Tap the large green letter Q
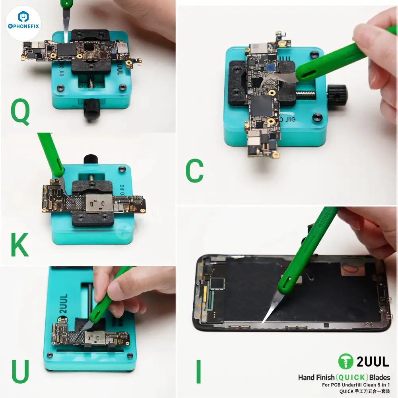20,113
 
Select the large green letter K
19,245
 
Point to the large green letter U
20,371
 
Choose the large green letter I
198,371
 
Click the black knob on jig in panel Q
92,109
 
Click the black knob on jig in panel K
90,159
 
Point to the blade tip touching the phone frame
264,320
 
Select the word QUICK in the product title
346,377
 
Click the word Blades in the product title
380,377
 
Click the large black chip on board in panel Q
66,50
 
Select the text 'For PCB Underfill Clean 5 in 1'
356,385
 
